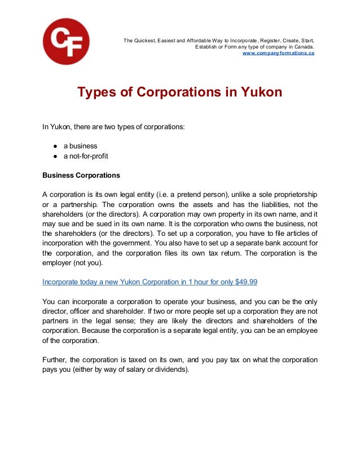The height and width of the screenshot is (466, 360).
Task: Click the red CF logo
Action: [66, 41]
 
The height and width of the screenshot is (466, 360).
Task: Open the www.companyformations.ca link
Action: [278, 52]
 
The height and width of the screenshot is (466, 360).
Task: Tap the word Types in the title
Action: [96, 92]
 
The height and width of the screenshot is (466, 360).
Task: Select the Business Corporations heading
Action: [81, 175]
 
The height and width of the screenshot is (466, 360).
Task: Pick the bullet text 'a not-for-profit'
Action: [86, 156]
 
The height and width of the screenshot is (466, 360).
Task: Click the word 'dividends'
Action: [169, 370]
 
